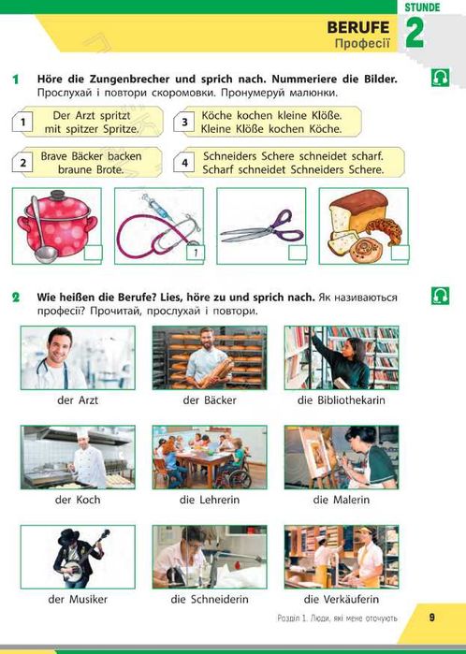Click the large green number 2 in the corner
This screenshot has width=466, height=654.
point(415,33)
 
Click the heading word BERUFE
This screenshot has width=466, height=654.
point(358,27)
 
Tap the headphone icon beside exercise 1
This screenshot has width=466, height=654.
point(440,78)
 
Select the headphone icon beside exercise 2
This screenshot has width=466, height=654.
point(440,296)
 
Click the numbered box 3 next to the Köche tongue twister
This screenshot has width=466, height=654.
point(184,122)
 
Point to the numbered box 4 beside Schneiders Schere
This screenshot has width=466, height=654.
point(184,163)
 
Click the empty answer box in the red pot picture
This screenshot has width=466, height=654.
point(93,254)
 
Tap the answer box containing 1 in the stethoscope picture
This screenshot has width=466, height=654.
point(196,253)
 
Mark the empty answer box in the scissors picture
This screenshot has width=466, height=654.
point(298,253)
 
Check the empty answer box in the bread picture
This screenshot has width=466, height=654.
point(400,253)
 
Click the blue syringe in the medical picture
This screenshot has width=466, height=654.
point(157,207)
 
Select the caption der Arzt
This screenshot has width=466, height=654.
point(78,400)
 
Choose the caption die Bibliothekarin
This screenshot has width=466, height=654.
point(342,400)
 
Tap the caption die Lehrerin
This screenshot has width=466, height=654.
point(210,500)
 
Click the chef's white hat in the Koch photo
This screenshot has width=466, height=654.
point(82,433)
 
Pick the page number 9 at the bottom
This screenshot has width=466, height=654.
point(431,618)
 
